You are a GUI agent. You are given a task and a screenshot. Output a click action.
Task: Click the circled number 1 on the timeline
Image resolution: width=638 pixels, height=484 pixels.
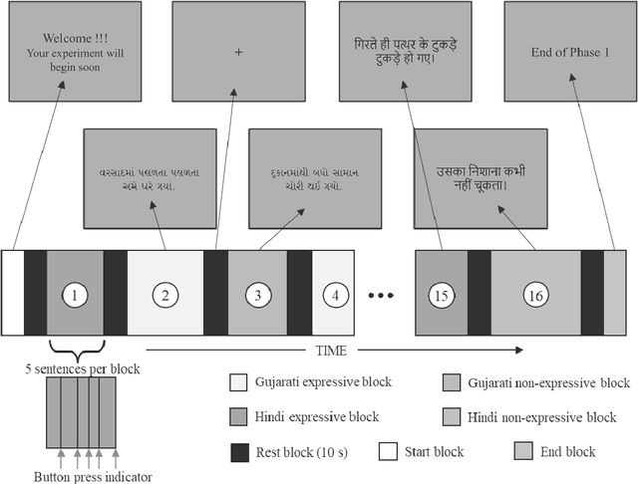75,295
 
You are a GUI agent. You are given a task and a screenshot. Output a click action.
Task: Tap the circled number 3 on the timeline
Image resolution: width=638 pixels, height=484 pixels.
258,295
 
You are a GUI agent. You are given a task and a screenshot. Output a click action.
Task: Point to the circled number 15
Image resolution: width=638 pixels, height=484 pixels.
442,295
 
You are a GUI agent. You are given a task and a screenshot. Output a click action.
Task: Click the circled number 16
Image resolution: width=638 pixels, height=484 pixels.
534,295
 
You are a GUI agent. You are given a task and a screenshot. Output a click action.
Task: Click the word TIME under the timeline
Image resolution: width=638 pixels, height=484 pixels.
332,351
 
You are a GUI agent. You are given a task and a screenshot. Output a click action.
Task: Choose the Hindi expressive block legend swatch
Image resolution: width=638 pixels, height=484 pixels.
238,417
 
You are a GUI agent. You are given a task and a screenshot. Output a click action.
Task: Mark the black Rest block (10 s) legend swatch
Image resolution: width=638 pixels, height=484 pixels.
238,451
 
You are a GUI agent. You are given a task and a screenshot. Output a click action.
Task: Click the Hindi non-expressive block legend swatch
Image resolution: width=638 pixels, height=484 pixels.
452,417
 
